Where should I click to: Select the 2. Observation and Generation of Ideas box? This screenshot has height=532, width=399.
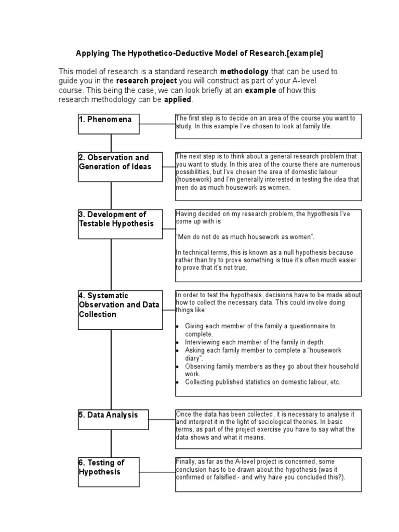point(120,166)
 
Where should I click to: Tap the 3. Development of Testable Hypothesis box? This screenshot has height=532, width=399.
point(120,223)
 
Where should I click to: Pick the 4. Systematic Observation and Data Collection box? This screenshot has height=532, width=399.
point(120,310)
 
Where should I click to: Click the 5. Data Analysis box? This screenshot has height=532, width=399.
point(113,419)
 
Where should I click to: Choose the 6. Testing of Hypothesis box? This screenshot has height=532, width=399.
point(109,471)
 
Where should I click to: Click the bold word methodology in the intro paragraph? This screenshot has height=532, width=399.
point(244,71)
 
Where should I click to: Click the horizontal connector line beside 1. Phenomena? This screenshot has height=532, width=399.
point(158,124)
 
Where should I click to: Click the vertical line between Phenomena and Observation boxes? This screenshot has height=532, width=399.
point(111,143)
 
